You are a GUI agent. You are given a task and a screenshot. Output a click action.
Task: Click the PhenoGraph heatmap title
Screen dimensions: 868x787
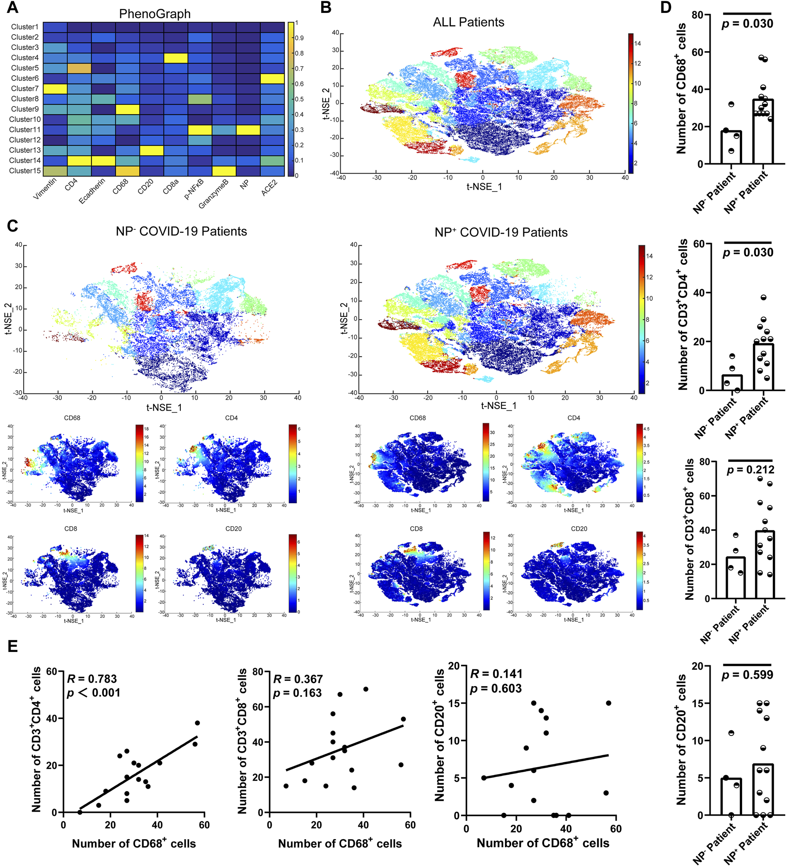[x=155, y=14]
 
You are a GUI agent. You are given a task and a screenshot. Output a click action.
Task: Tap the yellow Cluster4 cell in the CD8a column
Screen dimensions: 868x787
[x=175, y=58]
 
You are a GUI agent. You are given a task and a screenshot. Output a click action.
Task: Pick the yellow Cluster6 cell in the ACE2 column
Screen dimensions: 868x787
[x=272, y=78]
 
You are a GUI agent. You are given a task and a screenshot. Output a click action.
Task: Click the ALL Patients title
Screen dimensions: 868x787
[x=469, y=22]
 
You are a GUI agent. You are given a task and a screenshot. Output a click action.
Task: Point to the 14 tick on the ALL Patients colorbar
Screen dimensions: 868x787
[x=637, y=44]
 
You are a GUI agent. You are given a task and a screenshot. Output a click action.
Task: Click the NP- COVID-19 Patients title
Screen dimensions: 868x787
[x=181, y=231]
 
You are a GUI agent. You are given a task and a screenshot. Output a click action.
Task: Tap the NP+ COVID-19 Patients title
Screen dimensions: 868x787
[x=501, y=232]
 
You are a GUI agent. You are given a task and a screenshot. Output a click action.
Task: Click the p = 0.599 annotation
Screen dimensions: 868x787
[x=747, y=675]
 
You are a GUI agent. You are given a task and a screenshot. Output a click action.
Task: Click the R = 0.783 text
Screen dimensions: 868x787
[x=92, y=679]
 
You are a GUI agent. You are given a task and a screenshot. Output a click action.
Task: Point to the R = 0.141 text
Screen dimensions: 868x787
[x=496, y=674]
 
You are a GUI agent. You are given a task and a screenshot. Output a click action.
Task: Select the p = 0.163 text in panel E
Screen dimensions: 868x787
[x=297, y=693]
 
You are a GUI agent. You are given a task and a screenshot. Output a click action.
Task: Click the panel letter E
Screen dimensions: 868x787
[x=13, y=646]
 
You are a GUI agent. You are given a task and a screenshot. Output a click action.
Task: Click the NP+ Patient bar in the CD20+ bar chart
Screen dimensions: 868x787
[x=763, y=791]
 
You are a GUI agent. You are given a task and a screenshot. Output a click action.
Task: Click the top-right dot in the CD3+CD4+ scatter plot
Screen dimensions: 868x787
[x=197, y=723]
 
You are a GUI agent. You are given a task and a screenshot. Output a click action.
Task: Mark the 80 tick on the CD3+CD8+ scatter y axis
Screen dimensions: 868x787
[x=258, y=672]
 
